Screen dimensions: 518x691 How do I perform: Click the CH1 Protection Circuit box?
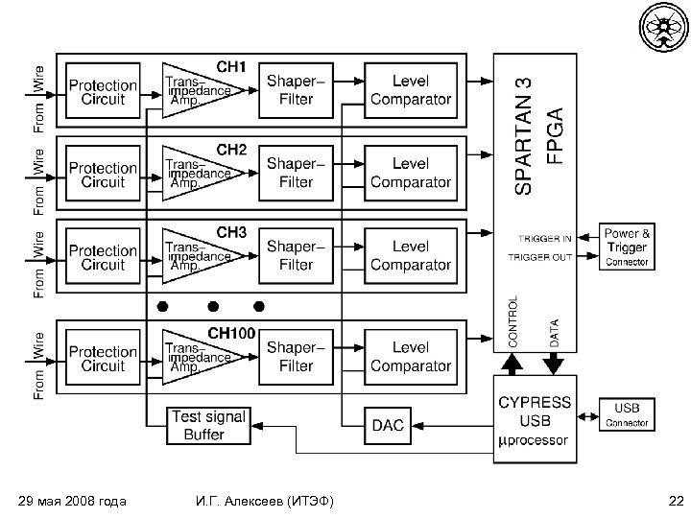[103, 91]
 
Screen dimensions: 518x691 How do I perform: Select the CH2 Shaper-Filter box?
[296, 173]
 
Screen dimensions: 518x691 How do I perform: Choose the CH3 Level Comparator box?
[410, 255]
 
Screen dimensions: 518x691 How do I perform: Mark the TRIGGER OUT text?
[539, 258]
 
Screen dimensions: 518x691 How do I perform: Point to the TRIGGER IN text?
[545, 238]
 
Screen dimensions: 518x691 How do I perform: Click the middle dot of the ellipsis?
[212, 306]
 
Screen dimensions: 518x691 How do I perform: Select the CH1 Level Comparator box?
[410, 91]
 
